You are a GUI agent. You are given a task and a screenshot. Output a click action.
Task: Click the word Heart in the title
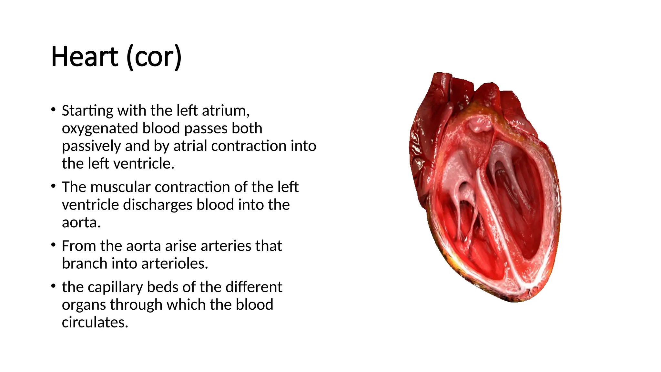point(85,57)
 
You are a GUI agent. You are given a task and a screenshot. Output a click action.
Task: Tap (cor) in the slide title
point(154,57)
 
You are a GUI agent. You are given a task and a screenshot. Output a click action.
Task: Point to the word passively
point(91,146)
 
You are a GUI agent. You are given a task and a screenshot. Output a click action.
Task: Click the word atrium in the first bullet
point(226,111)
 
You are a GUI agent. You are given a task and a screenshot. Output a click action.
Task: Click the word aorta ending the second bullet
point(81,222)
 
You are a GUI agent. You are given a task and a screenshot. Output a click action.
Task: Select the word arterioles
point(175,263)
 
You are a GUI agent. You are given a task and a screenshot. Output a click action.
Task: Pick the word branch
point(85,263)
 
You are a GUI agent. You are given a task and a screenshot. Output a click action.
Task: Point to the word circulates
point(95,322)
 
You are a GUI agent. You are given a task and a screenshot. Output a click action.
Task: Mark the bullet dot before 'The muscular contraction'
point(54,186)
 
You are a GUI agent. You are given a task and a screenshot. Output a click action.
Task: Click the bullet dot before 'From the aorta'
point(54,245)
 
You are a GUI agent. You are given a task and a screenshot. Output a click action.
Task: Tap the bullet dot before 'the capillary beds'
point(54,286)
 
